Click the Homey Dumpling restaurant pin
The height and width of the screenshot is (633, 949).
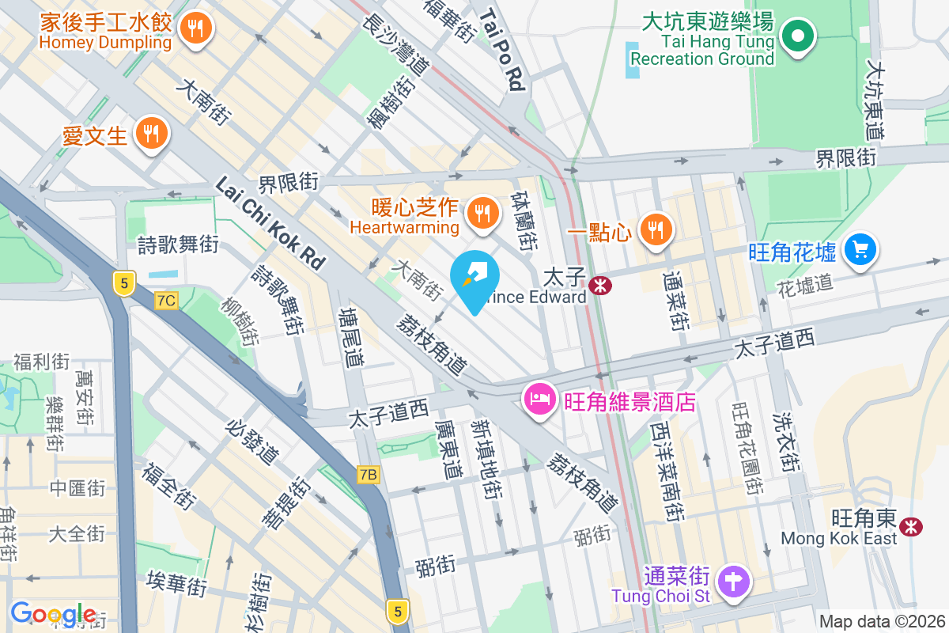(x=194, y=29)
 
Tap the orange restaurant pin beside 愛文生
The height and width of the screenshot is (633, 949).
(x=149, y=132)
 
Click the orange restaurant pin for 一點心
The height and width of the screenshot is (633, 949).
(x=655, y=229)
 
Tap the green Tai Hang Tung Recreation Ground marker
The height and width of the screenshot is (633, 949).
(x=797, y=36)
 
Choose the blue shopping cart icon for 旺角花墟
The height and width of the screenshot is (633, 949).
(x=860, y=250)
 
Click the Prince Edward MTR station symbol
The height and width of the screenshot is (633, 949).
(x=600, y=286)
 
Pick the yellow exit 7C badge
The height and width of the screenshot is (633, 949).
(x=166, y=301)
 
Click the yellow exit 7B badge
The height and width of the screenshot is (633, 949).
(x=368, y=475)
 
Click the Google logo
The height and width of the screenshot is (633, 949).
(x=53, y=614)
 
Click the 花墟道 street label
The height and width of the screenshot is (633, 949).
(x=806, y=283)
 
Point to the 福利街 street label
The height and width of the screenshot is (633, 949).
(x=41, y=362)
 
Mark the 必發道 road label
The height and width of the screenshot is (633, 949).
(x=252, y=442)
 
